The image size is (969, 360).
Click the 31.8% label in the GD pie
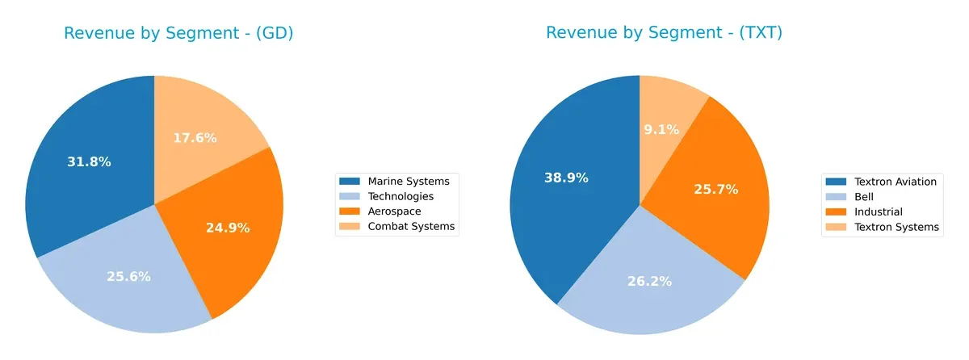click(89, 161)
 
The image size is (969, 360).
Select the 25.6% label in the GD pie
click(128, 276)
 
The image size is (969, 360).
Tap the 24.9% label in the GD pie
click(228, 228)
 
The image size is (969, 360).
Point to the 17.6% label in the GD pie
click(195, 138)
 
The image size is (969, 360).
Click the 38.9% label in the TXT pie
click(565, 178)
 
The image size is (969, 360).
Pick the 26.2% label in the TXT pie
click(649, 281)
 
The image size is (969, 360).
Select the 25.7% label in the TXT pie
click(715, 189)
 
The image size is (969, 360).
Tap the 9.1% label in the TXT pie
click(662, 129)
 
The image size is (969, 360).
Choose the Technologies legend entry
click(401, 196)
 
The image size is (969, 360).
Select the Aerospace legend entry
click(394, 211)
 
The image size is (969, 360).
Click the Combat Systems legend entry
click(411, 227)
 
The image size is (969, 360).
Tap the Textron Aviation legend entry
click(895, 182)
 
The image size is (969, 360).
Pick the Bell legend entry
click(864, 197)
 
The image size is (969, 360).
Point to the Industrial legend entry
click(877, 212)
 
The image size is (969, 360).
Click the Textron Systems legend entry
click(896, 228)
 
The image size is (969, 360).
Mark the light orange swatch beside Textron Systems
click(835, 228)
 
